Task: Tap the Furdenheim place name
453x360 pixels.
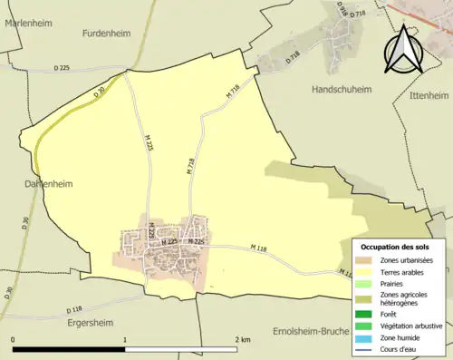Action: [x=110, y=34]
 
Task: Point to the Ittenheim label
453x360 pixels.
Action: [x=429, y=94]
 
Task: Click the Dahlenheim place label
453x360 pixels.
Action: [x=43, y=182]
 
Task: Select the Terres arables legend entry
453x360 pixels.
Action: [x=409, y=270]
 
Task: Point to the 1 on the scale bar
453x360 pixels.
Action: [x=125, y=339]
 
